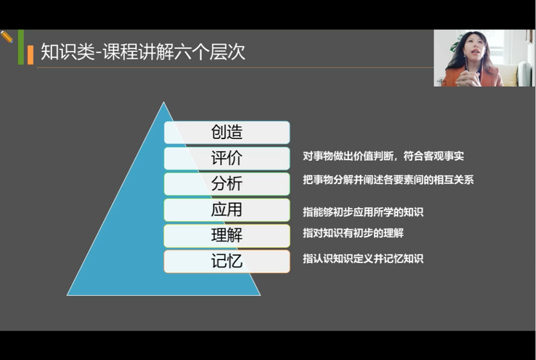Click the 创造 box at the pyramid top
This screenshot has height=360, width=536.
point(227,132)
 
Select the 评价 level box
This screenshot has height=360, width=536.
point(227,158)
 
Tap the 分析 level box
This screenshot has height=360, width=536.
point(227,184)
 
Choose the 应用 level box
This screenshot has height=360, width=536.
point(227,210)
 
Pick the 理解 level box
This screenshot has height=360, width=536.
point(227,236)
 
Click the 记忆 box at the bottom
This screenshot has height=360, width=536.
point(227,261)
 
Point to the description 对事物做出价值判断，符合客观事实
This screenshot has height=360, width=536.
point(383,156)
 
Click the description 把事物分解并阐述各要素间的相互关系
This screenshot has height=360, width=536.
point(388,180)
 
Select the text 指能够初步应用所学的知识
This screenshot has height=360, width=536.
point(363,212)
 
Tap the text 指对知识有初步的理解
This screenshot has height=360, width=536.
point(353,233)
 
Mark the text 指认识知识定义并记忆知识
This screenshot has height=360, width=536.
point(363,258)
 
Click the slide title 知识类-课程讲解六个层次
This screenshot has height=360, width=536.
point(143,52)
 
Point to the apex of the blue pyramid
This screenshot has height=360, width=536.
point(164,102)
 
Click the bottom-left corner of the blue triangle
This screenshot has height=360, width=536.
point(67,296)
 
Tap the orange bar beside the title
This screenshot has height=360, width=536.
point(30,55)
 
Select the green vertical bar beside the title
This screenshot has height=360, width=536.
point(21,47)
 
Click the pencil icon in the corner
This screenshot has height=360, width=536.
point(7,37)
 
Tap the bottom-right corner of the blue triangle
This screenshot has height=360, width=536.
point(261,296)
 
